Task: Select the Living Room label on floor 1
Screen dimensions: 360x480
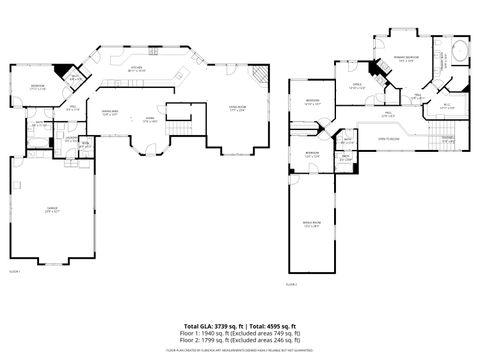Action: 237,107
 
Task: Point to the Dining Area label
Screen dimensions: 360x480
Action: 110,113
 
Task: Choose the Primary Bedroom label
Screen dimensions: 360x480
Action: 405,59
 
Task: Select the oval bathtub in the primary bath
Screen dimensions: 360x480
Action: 459,52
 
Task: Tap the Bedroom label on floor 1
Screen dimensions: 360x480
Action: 37,86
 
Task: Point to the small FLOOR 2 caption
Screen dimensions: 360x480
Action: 291,285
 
